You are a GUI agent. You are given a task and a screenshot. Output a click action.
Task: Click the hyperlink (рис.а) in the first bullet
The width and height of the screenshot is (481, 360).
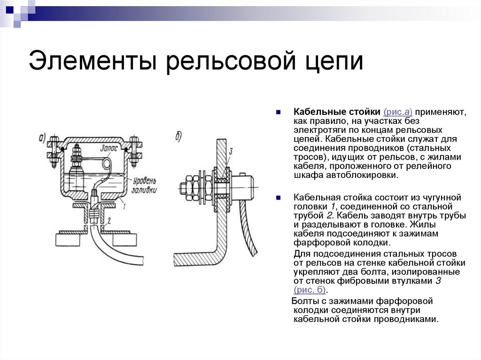398,112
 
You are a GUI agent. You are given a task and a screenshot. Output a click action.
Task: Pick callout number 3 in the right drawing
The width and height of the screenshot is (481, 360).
231,151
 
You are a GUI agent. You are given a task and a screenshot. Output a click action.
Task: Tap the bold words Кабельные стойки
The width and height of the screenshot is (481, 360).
337,112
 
